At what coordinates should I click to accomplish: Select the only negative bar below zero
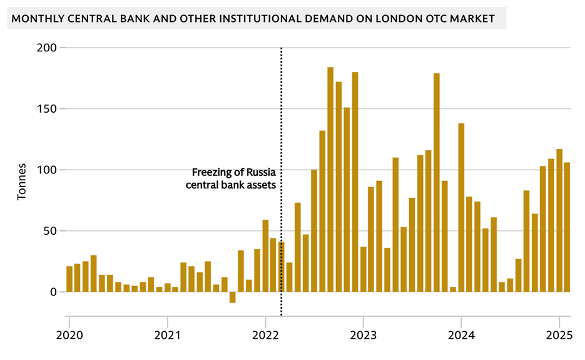232,297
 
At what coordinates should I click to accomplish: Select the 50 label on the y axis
51,231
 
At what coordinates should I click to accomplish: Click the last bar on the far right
567,227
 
